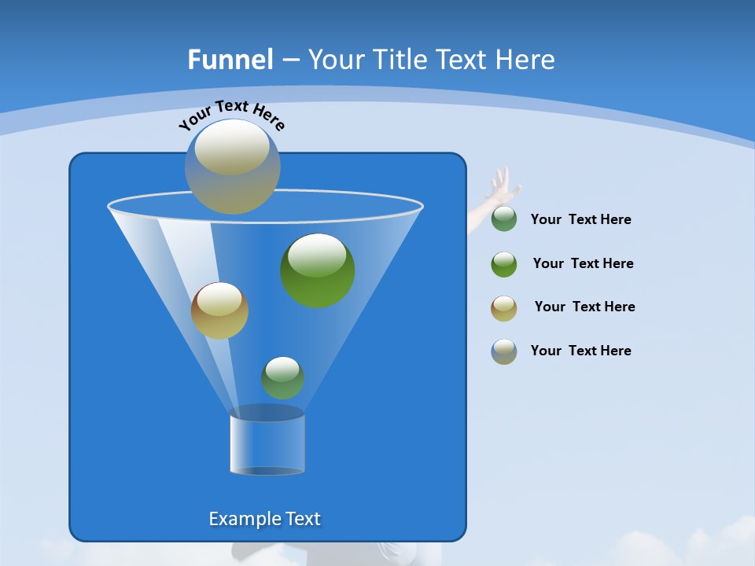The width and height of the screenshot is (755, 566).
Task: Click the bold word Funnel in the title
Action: (230, 60)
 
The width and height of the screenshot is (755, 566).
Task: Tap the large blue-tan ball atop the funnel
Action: (232, 166)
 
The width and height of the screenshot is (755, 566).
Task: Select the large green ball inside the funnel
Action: (317, 270)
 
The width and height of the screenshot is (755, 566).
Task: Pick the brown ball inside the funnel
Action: (219, 311)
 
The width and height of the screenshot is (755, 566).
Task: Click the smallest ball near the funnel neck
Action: (282, 377)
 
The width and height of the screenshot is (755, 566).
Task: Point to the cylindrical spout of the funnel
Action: (267, 443)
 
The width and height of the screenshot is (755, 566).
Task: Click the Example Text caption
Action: (264, 519)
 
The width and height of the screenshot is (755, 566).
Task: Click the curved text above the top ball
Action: (231, 114)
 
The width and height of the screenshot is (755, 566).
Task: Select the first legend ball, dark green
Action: (504, 219)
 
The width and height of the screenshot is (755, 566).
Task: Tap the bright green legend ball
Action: (504, 264)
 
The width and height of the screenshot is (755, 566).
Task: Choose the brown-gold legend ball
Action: (504, 308)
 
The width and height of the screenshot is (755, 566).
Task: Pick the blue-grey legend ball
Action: (504, 351)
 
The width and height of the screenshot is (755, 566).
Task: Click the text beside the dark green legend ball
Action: (580, 220)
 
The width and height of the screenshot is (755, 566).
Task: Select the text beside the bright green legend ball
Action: (583, 263)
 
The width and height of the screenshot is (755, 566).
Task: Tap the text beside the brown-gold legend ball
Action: (584, 307)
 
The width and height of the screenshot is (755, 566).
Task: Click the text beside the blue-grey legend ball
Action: (580, 351)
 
